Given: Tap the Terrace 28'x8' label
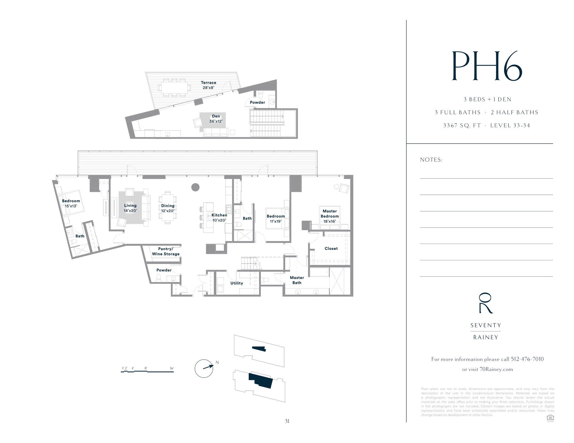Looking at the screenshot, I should (x=208, y=85).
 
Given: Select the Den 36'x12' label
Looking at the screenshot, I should (x=216, y=119).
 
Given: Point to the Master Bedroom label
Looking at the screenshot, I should (x=330, y=216).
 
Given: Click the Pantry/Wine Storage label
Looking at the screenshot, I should (x=166, y=251).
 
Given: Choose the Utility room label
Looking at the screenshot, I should (x=237, y=283).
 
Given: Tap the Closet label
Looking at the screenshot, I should (x=331, y=249).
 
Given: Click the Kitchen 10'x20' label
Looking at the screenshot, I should (x=219, y=218).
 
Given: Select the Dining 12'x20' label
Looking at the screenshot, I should (x=168, y=208).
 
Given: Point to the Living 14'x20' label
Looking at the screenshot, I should (x=130, y=208).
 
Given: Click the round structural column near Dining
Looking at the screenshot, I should (x=195, y=187).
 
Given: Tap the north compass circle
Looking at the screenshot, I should (x=204, y=368).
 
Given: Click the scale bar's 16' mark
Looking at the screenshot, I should (x=172, y=368).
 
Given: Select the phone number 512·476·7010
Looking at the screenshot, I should (x=527, y=359).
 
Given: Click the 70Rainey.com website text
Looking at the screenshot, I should (x=496, y=370).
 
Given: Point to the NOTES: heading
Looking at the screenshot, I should (x=431, y=160).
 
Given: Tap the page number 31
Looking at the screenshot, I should (x=287, y=421).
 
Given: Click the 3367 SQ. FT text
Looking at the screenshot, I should (x=462, y=125).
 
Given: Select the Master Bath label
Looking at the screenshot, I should (x=297, y=280).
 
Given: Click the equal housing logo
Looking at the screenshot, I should (x=550, y=418).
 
